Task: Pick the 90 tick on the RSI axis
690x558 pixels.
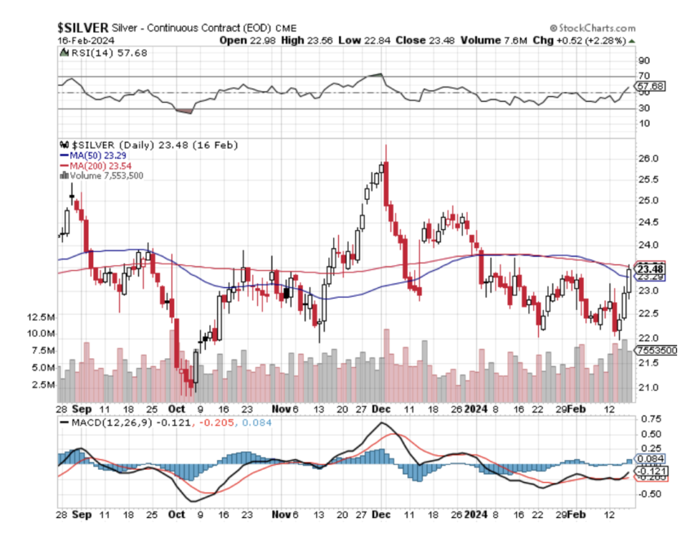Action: (x=643, y=60)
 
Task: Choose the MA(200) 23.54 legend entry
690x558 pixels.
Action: (x=93, y=165)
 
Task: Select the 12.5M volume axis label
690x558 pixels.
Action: (x=41, y=317)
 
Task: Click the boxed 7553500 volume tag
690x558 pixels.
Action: (x=656, y=350)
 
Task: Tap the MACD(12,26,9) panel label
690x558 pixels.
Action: (x=96, y=423)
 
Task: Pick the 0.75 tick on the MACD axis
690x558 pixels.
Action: (x=650, y=418)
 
